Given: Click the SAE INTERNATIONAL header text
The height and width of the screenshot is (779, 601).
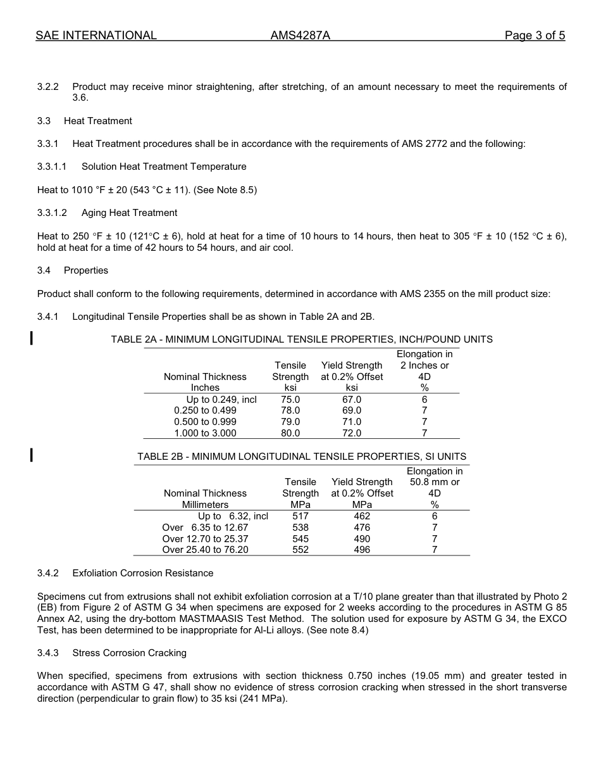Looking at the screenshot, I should point(96,35).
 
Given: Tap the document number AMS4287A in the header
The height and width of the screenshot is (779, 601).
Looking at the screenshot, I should point(300,35).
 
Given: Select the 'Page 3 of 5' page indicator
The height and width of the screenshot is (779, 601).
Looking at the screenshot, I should point(535,35).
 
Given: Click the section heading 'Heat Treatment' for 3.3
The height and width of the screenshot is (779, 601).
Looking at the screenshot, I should point(98,121).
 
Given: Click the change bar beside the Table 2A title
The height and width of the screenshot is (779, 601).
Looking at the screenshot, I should point(32,337).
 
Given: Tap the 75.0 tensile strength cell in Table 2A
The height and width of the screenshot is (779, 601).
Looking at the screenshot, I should point(290,400).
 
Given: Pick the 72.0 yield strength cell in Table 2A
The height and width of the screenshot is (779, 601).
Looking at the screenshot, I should point(352,433).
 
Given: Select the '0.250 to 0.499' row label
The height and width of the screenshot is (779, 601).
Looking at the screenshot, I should point(205,410).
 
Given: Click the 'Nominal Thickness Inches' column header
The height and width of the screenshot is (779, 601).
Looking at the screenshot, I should point(205,382).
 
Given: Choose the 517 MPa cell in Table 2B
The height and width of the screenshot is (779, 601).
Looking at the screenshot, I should point(300,516).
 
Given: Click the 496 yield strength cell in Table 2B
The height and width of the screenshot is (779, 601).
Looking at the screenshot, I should point(362,550).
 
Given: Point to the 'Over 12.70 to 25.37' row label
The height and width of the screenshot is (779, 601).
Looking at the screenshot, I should point(205,539).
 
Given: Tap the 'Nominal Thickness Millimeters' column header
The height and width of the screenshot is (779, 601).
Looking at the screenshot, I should point(205,498).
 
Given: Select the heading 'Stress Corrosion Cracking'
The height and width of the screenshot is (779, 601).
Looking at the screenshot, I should point(130,653).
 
